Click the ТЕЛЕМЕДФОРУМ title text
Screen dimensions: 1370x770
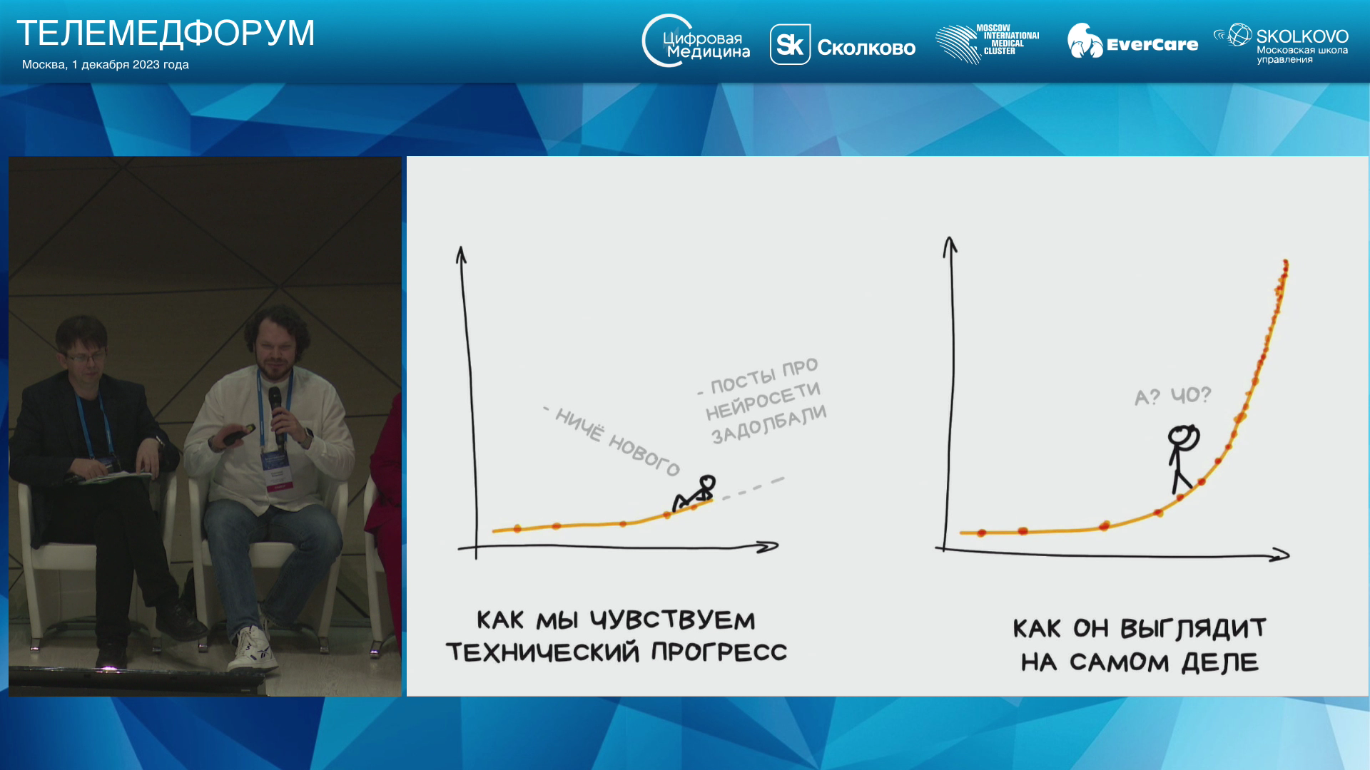pyautogui.click(x=166, y=33)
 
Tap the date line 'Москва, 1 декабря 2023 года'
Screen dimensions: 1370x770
pyautogui.click(x=106, y=65)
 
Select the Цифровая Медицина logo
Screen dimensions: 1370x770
pyautogui.click(x=696, y=41)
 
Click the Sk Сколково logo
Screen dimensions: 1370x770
pyautogui.click(x=842, y=45)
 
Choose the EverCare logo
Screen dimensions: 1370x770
pyautogui.click(x=1132, y=41)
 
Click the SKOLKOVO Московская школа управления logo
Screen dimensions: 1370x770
pyautogui.click(x=1281, y=43)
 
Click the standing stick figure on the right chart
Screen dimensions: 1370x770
pyautogui.click(x=1182, y=458)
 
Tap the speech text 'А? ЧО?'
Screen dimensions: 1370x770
pyautogui.click(x=1173, y=396)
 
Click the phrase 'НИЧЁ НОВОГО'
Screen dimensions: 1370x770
pyautogui.click(x=612, y=441)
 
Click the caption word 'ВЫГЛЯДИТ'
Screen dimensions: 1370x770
pyautogui.click(x=1193, y=628)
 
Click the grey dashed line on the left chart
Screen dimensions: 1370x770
pyautogui.click(x=753, y=488)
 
